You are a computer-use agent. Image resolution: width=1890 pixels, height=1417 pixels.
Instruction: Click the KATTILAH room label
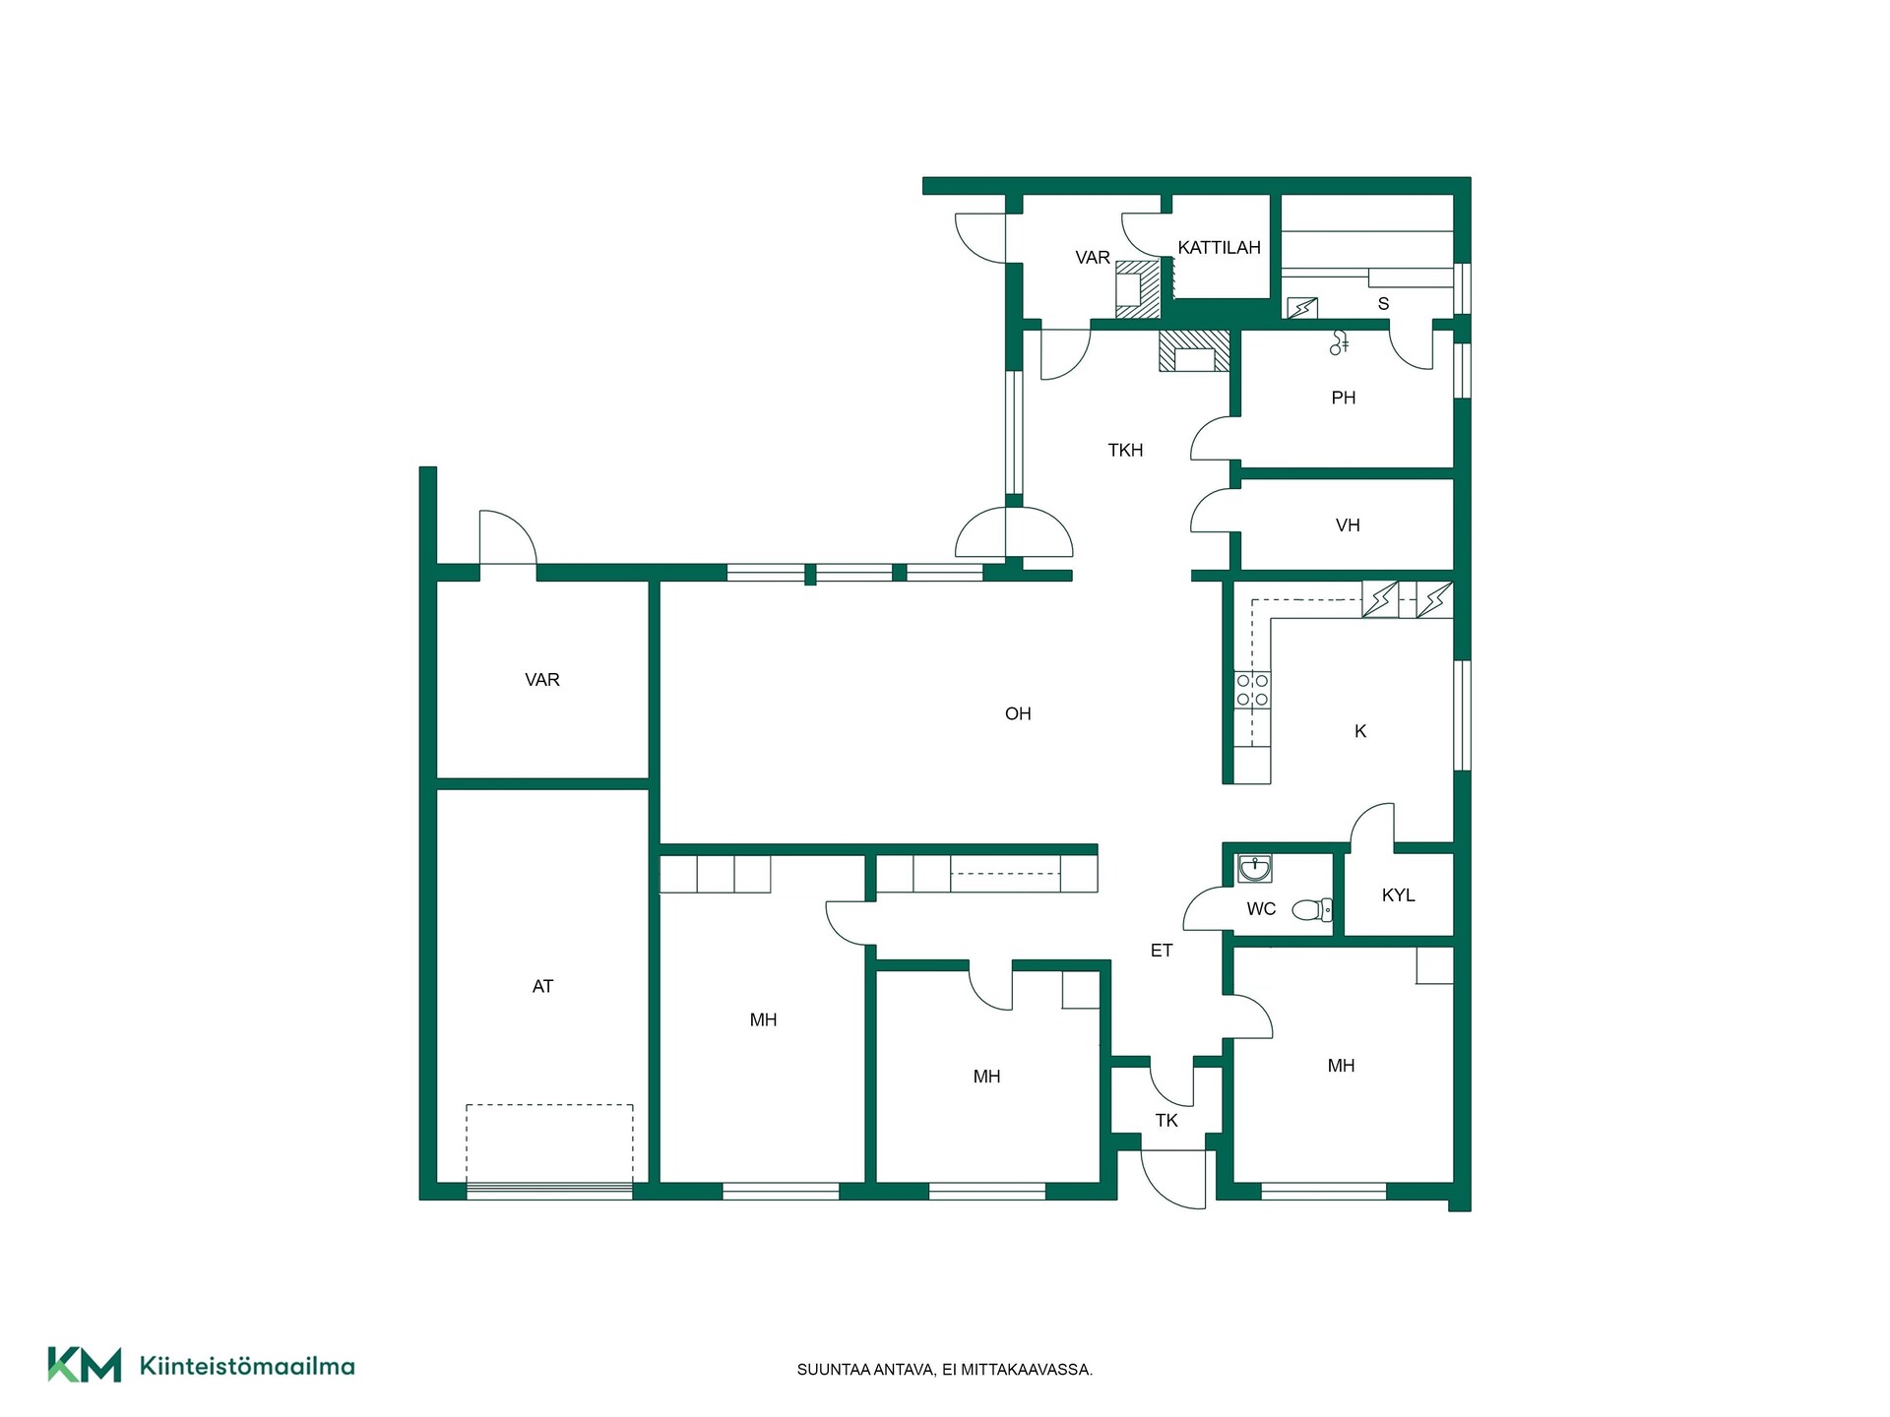[1219, 248]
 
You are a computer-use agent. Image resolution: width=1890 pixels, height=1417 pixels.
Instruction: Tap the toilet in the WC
[1311, 909]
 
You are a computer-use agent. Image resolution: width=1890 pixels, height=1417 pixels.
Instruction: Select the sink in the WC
[1254, 869]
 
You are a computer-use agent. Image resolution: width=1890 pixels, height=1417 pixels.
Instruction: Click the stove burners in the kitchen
[1252, 690]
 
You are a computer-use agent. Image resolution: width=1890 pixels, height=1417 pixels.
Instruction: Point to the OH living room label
[1018, 714]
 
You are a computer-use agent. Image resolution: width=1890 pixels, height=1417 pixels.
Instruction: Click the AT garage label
[542, 986]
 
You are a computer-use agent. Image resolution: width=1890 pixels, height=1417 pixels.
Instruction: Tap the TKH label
[1125, 451]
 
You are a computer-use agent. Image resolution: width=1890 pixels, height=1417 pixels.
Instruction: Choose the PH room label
[1344, 399]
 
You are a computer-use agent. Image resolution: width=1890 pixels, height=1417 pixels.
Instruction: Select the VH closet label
[1348, 525]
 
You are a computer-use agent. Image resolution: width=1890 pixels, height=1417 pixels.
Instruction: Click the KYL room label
[1398, 895]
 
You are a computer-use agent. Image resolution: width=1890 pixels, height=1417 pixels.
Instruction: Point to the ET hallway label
[1162, 951]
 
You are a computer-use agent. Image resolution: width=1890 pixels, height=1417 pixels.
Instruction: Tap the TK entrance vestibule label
[1166, 1121]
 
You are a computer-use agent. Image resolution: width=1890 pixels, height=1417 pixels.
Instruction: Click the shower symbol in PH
[1339, 341]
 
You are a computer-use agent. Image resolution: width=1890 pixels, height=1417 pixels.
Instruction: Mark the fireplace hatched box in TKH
[1194, 351]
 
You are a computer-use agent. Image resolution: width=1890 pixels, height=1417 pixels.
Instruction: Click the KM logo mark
[85, 1365]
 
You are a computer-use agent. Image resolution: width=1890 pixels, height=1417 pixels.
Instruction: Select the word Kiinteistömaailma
[247, 1366]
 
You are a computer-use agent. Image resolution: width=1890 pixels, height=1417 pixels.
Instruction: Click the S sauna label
[1383, 304]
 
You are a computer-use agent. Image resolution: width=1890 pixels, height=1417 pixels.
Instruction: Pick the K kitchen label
[1360, 731]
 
